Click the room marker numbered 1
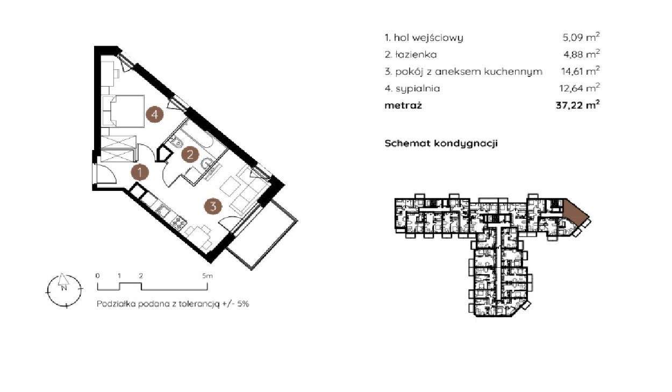coord(140,173)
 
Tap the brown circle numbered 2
coord(190,154)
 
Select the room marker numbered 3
coord(213,206)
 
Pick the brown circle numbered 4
coord(155,115)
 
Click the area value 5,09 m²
coord(581,37)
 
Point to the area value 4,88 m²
coord(581,54)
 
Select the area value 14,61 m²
coord(581,72)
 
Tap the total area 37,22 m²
coord(578,105)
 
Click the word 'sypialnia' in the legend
coord(418,89)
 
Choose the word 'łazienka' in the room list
coord(416,55)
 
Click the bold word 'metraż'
coord(403,105)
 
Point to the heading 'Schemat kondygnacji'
coord(441,143)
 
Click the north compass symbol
coord(64,290)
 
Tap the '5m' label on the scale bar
coord(207,275)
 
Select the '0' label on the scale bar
coord(97,275)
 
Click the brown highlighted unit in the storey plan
coord(575,212)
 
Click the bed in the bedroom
coord(123,111)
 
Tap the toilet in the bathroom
coord(177,142)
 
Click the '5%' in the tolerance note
coord(243,304)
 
